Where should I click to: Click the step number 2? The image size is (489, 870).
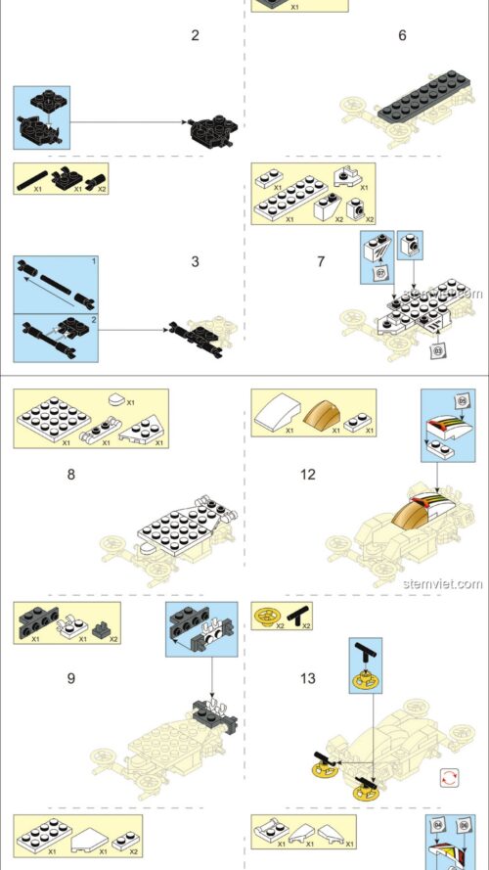pyautogui.click(x=196, y=36)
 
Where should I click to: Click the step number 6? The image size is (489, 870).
pyautogui.click(x=402, y=36)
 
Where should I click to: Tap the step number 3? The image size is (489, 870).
pyautogui.click(x=196, y=262)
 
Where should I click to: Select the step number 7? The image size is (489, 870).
pyautogui.click(x=321, y=262)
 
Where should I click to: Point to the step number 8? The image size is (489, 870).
pyautogui.click(x=70, y=475)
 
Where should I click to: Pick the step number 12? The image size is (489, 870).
pyautogui.click(x=308, y=475)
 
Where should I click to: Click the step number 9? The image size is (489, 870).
pyautogui.click(x=70, y=677)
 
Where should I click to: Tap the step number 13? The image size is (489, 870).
pyautogui.click(x=308, y=677)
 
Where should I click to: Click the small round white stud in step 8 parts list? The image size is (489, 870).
pyautogui.click(x=116, y=398)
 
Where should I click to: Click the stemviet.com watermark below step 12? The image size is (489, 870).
pyautogui.click(x=442, y=583)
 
